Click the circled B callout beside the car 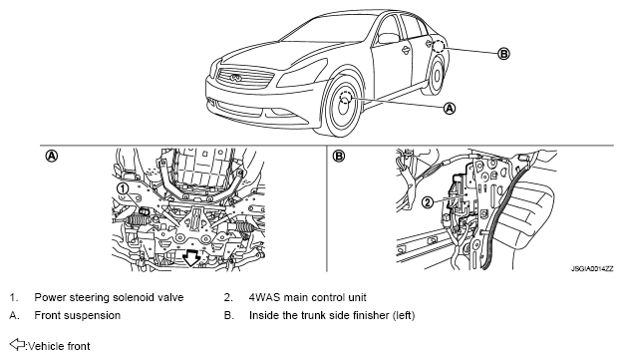click(x=503, y=53)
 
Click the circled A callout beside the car click(x=450, y=108)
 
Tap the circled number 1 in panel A click(x=124, y=188)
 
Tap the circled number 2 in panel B click(x=428, y=202)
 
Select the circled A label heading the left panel click(x=52, y=156)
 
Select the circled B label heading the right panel click(x=339, y=156)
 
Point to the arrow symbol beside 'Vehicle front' click(x=17, y=344)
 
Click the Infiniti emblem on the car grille click(x=235, y=78)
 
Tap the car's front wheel click(x=343, y=104)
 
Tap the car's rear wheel click(x=436, y=76)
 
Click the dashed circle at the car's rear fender click(x=439, y=46)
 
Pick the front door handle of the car click(x=406, y=50)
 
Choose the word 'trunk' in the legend click(x=311, y=315)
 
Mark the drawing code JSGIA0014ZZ click(x=592, y=269)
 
